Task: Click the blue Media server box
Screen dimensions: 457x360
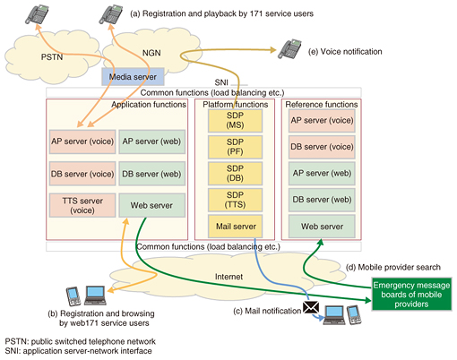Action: [133, 77]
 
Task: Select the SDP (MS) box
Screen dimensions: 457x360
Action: [235, 121]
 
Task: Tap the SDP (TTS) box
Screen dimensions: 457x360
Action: [235, 200]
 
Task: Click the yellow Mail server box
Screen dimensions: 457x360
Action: [235, 227]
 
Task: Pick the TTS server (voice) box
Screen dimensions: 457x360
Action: [82, 205]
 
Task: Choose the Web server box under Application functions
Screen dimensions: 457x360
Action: [152, 205]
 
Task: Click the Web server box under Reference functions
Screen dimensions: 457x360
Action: [322, 227]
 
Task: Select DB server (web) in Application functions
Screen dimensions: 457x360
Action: [152, 174]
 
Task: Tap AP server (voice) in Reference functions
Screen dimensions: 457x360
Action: [322, 121]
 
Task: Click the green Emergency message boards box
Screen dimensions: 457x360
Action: [411, 295]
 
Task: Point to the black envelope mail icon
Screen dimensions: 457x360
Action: [311, 307]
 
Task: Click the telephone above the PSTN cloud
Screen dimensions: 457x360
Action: [37, 14]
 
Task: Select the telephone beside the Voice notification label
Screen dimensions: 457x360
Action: [289, 49]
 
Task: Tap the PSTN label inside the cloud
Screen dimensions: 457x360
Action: [52, 57]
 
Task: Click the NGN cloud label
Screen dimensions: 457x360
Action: [151, 53]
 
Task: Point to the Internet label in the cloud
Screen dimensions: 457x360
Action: [228, 277]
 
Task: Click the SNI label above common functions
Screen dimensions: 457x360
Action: [221, 82]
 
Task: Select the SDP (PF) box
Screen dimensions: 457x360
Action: [235, 147]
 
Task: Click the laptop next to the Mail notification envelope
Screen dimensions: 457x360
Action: [334, 315]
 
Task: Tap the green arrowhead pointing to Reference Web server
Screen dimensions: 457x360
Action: [320, 242]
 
